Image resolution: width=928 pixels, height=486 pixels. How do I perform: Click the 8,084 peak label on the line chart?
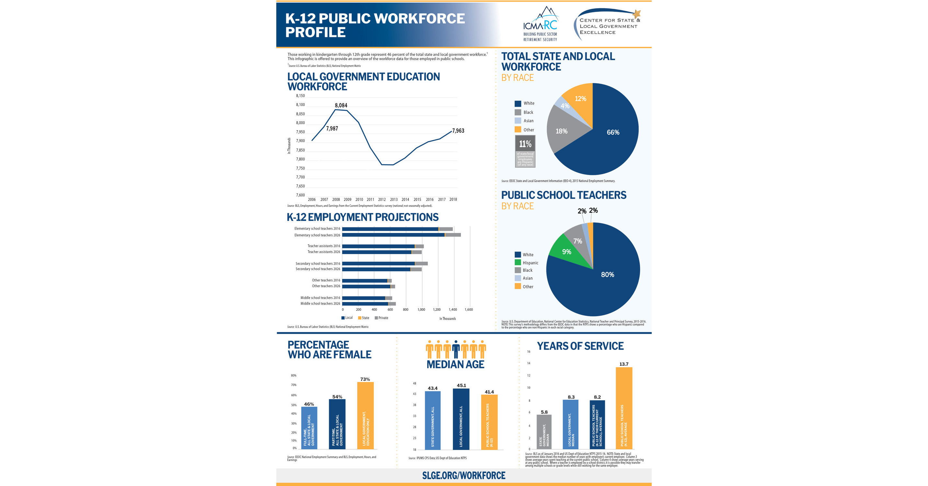click(341, 105)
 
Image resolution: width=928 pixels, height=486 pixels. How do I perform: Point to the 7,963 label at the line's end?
click(458, 131)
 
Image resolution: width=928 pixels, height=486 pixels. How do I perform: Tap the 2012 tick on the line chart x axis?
click(382, 199)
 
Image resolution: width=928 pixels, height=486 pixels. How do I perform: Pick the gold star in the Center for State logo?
click(637, 14)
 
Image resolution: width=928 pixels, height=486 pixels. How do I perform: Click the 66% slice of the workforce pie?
click(613, 132)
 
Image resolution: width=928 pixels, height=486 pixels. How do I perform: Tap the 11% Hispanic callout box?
click(525, 151)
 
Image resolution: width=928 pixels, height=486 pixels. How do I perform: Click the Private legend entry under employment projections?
click(382, 318)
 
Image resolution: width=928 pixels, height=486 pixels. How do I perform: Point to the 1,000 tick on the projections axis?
click(421, 309)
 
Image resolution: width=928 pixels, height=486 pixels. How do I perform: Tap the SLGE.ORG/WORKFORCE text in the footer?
click(464, 476)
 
